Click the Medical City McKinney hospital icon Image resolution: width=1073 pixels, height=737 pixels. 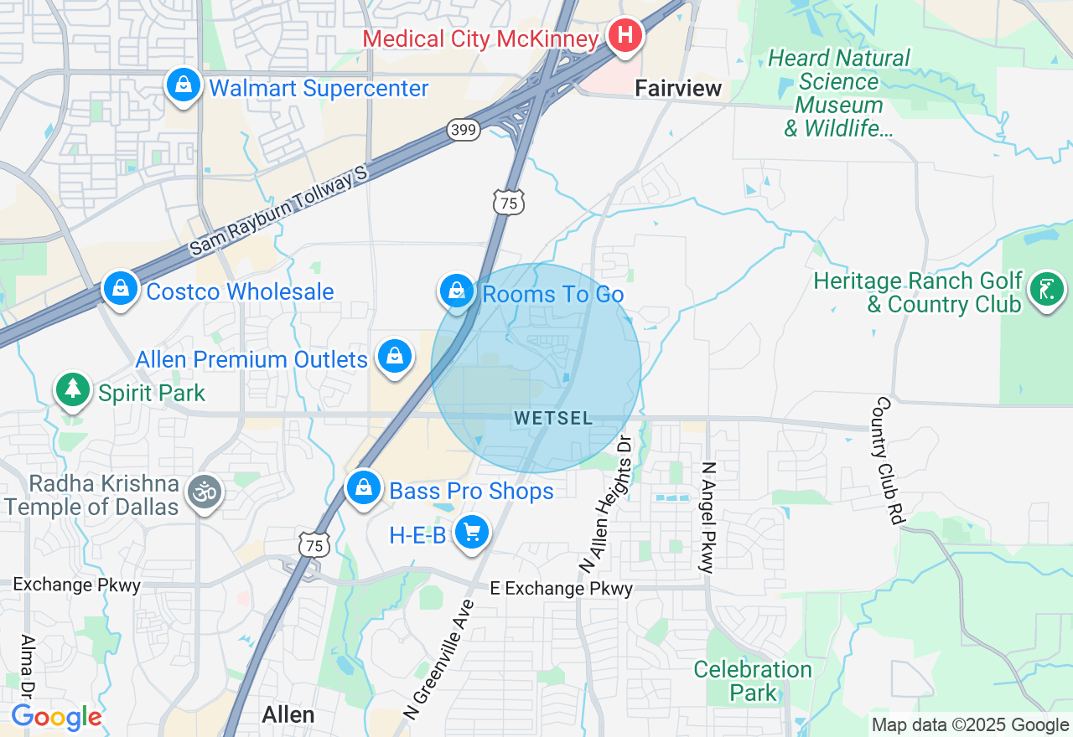click(x=625, y=36)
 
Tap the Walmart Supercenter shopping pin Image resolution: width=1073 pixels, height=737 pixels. click(x=182, y=85)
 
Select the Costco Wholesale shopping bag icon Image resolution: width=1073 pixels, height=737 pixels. click(x=121, y=289)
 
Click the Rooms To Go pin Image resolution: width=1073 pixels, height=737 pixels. click(x=457, y=291)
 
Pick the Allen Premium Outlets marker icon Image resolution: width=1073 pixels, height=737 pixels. click(x=395, y=357)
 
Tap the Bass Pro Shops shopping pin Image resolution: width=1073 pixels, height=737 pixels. click(x=364, y=487)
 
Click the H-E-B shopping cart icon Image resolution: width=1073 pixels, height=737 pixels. click(x=471, y=532)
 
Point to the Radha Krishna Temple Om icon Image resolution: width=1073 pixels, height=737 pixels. click(x=205, y=491)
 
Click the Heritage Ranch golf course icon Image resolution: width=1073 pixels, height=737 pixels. click(x=1046, y=290)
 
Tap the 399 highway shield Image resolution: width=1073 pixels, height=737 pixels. click(x=463, y=129)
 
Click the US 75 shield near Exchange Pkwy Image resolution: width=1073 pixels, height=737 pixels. click(x=314, y=545)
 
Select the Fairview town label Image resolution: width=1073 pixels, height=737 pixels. click(x=678, y=88)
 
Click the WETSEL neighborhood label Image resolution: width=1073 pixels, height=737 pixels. click(x=553, y=418)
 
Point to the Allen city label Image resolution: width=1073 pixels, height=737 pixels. click(x=288, y=714)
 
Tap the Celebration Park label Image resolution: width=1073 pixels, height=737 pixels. click(x=753, y=681)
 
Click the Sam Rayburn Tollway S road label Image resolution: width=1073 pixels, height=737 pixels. click(x=278, y=211)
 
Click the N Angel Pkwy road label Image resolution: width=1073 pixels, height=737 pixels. click(x=708, y=517)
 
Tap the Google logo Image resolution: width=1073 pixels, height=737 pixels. click(x=56, y=717)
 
